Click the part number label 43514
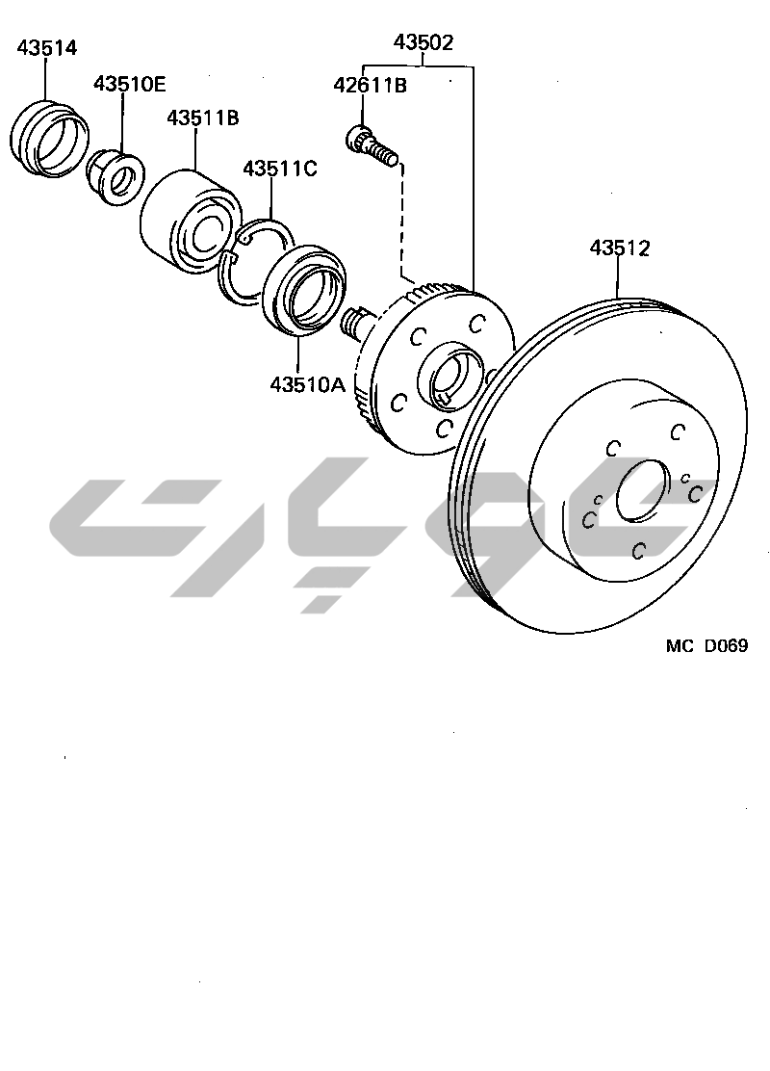[x=47, y=48]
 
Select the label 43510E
[x=130, y=84]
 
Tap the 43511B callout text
[x=203, y=118]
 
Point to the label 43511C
[x=280, y=168]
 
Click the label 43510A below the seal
[x=308, y=384]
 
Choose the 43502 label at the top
[x=423, y=42]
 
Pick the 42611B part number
[x=370, y=86]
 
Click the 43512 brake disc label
[x=620, y=248]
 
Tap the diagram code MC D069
[x=706, y=645]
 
